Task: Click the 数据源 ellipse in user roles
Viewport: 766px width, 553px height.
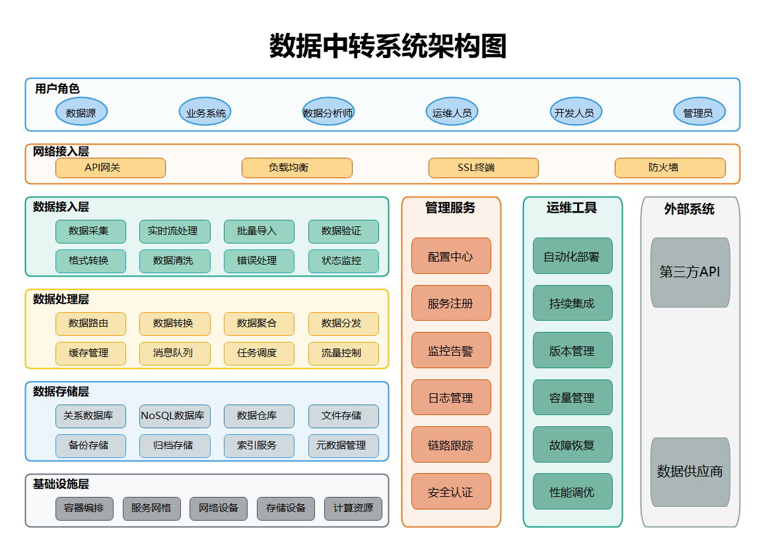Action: pyautogui.click(x=81, y=112)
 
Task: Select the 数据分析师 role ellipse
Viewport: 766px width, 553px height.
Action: pyautogui.click(x=328, y=112)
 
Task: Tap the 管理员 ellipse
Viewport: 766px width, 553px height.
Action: pyautogui.click(x=699, y=112)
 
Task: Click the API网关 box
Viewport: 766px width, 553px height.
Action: pyautogui.click(x=110, y=168)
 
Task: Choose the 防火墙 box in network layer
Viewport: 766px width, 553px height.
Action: pyautogui.click(x=670, y=168)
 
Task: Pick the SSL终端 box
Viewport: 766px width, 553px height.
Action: pyautogui.click(x=483, y=168)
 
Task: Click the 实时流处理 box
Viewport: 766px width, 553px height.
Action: pyautogui.click(x=175, y=232)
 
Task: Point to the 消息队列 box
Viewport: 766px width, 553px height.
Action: pyautogui.click(x=175, y=353)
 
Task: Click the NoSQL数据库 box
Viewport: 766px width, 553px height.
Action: pyautogui.click(x=175, y=416)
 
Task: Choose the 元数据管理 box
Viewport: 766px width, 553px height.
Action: pyautogui.click(x=343, y=445)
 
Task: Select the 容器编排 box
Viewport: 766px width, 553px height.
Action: pyautogui.click(x=85, y=508)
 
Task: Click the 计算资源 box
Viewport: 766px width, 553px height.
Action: pyautogui.click(x=353, y=508)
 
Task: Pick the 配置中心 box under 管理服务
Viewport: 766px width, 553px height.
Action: pyautogui.click(x=451, y=256)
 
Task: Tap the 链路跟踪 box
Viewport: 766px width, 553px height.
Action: pyautogui.click(x=451, y=445)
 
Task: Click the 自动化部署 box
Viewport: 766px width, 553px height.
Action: pyautogui.click(x=573, y=256)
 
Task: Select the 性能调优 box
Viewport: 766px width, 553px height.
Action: pyautogui.click(x=573, y=492)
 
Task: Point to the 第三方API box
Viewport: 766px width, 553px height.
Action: pyautogui.click(x=690, y=272)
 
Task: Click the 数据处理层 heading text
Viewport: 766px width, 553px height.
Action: pyautogui.click(x=61, y=300)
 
